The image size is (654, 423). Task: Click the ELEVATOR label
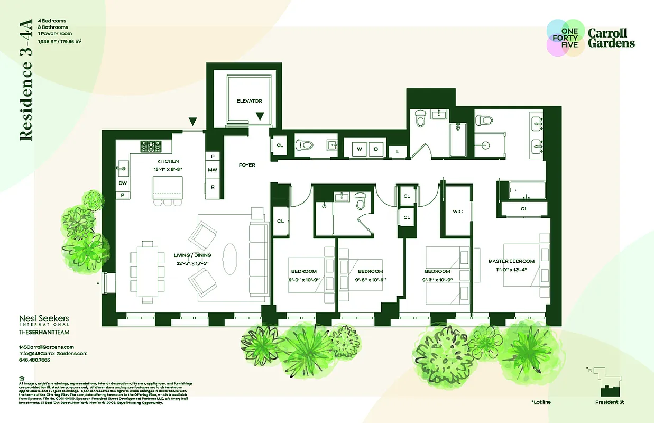click(x=249, y=100)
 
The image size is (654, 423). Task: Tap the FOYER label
click(x=247, y=165)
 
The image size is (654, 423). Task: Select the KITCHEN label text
click(x=168, y=161)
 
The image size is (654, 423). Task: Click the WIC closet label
click(x=458, y=212)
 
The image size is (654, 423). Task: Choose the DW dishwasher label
click(x=123, y=183)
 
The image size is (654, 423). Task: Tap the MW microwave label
click(x=213, y=170)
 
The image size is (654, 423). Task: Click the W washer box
click(x=359, y=149)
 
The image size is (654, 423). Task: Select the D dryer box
click(x=376, y=149)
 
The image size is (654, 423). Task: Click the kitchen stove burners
click(x=152, y=145)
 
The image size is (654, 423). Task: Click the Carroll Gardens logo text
click(x=611, y=39)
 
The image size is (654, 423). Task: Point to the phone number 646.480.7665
click(x=34, y=360)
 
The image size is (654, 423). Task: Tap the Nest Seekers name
click(x=44, y=319)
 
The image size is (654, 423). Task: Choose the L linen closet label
click(x=397, y=152)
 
